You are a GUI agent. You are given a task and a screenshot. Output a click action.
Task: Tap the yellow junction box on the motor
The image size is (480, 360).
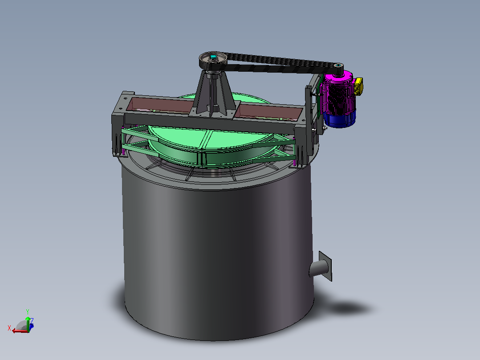pyautogui.click(x=358, y=86)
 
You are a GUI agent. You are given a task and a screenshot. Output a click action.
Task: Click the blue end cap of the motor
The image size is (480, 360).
pyautogui.click(x=340, y=119)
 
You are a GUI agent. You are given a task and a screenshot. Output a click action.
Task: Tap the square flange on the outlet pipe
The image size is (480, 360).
pyautogui.click(x=325, y=266)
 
